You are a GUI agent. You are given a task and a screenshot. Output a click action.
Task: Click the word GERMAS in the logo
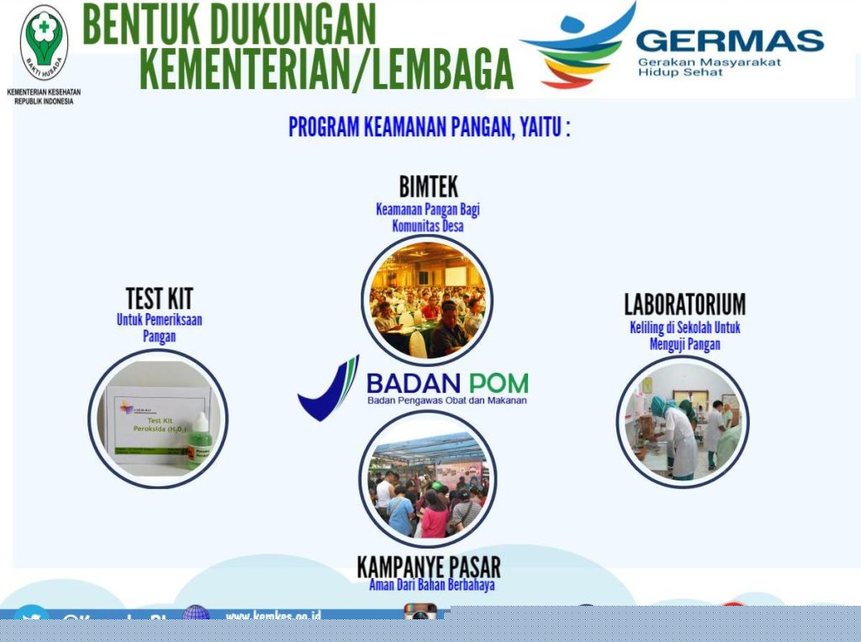click(x=729, y=41)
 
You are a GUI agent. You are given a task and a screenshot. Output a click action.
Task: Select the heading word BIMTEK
click(x=428, y=187)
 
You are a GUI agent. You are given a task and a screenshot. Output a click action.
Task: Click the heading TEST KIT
click(x=159, y=298)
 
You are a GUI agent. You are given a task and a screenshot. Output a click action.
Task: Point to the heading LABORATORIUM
click(x=684, y=304)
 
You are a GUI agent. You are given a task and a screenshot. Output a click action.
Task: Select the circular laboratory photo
click(x=682, y=422)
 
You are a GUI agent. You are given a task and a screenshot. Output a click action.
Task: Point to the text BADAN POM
click(x=446, y=383)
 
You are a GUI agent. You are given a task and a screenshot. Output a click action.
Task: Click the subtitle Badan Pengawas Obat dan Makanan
click(x=446, y=401)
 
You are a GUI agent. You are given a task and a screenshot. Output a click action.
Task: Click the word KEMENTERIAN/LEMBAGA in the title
click(x=325, y=68)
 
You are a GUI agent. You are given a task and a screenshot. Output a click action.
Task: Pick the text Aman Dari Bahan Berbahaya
click(x=431, y=585)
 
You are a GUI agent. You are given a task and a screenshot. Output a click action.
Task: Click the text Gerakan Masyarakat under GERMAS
click(x=709, y=62)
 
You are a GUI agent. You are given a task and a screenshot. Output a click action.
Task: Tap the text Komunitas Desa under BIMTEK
click(x=427, y=225)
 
